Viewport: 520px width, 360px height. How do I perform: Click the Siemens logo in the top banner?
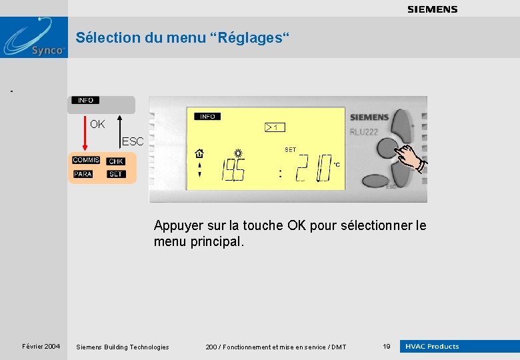pos(432,9)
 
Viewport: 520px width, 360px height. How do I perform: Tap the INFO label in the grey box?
pos(85,100)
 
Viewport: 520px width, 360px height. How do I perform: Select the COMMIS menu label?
pos(86,160)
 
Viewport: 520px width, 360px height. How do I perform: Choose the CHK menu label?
pos(116,161)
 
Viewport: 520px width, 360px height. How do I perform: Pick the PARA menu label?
pos(83,174)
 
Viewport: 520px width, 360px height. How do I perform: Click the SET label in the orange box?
pos(116,174)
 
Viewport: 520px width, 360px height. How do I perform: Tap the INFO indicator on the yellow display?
pos(207,117)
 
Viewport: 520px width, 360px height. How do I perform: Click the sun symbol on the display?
pos(237,153)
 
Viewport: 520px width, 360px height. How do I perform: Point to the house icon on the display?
pos(199,153)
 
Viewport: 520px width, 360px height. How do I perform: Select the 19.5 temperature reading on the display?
pos(233,170)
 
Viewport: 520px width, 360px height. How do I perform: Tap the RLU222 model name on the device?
pos(364,132)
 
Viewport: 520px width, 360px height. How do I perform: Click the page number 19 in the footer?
pos(386,347)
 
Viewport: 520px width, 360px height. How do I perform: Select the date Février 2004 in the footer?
pos(41,347)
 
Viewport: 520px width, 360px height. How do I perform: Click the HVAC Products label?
pos(433,347)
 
